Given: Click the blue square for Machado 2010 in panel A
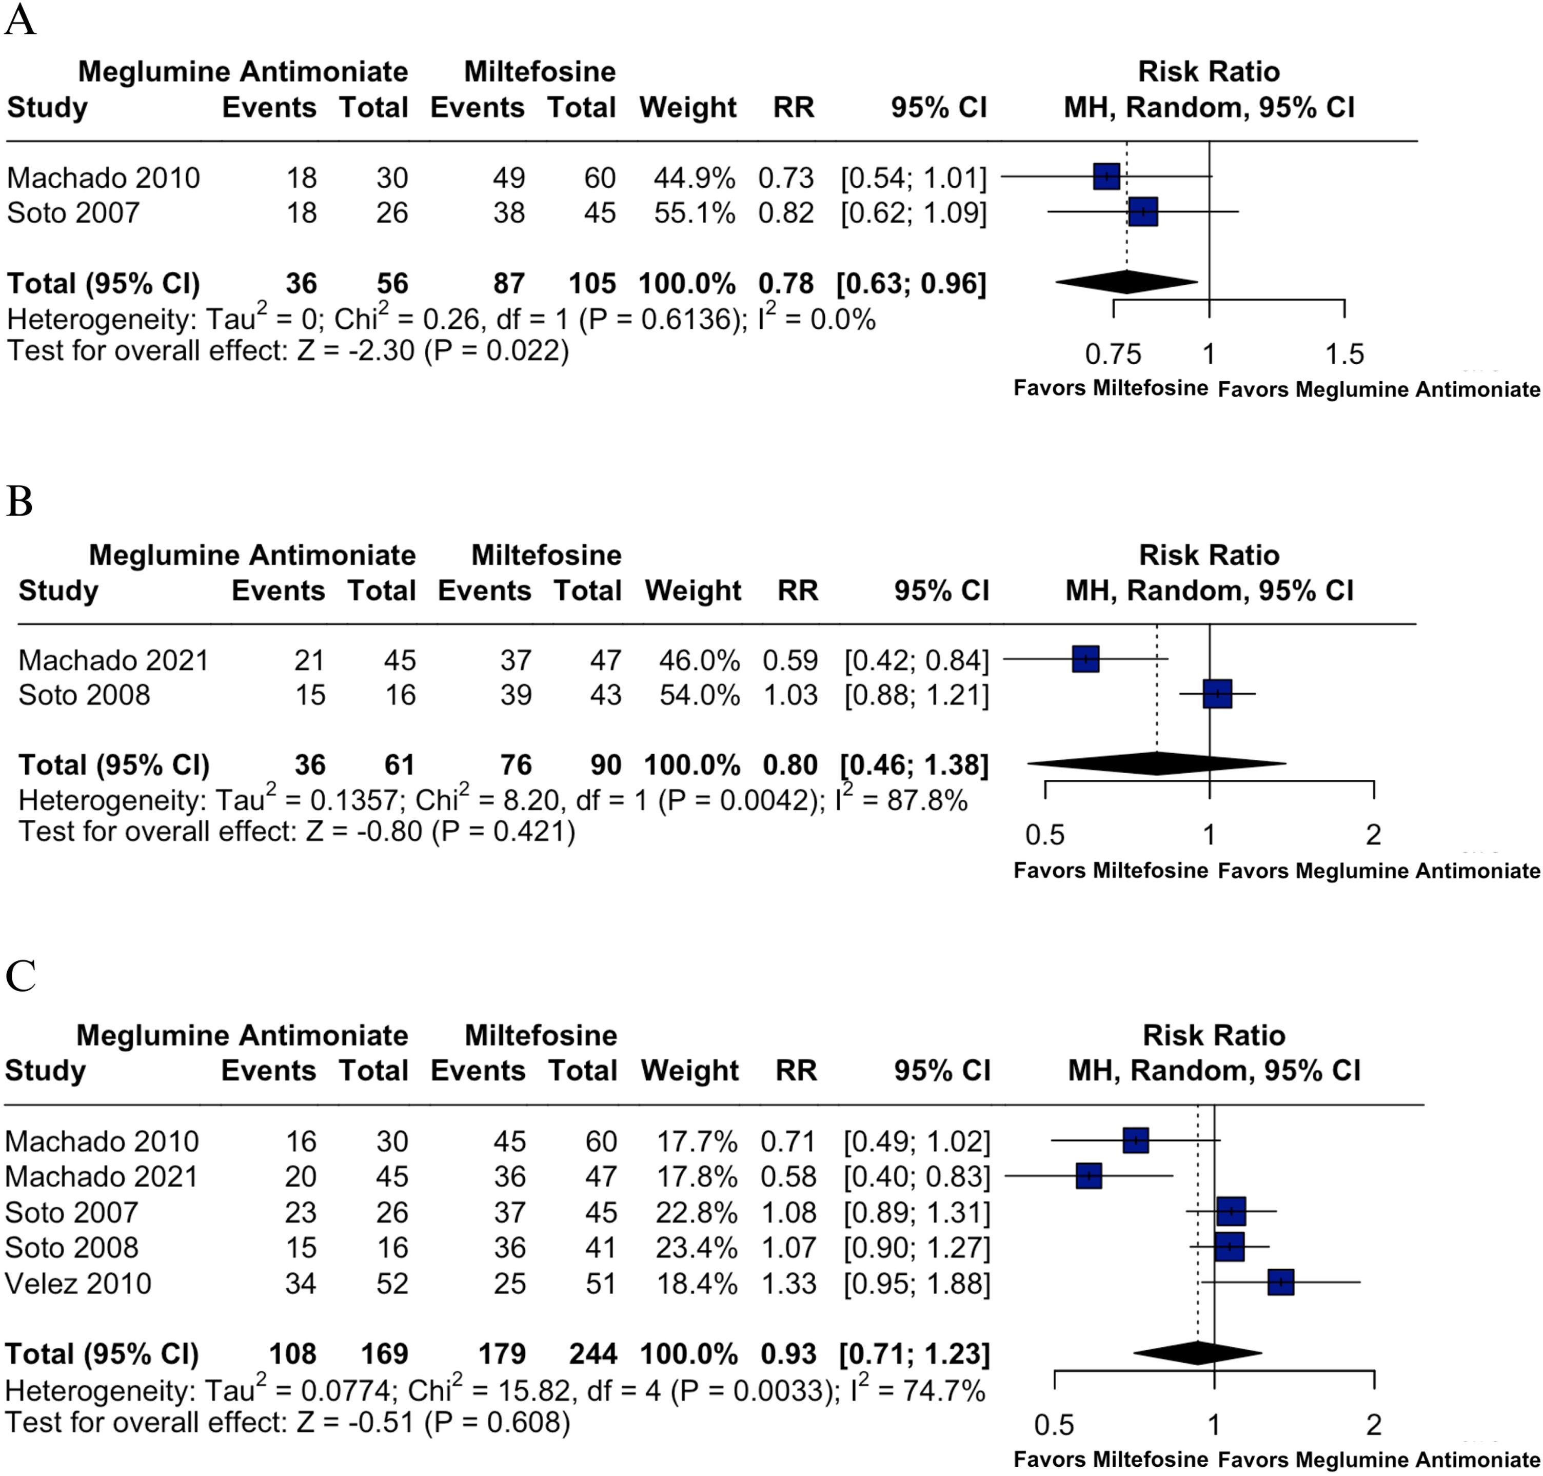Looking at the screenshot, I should tap(1106, 177).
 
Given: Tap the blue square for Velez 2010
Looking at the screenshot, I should tap(1281, 1283).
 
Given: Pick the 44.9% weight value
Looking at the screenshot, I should tap(694, 178).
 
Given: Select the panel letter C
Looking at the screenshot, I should tap(21, 976).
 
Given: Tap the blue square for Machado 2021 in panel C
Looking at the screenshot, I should tap(1089, 1176).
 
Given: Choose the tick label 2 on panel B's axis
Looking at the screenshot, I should tap(1373, 834).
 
